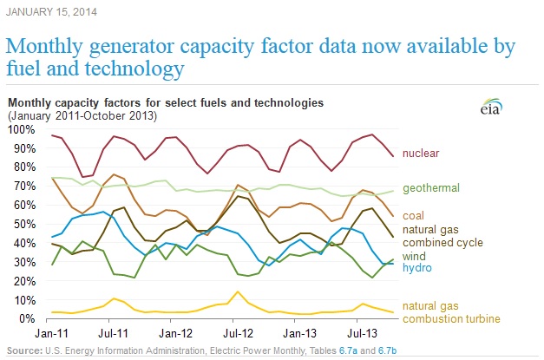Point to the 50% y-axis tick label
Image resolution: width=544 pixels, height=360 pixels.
(21, 224)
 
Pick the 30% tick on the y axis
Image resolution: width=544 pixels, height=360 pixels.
(21, 262)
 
